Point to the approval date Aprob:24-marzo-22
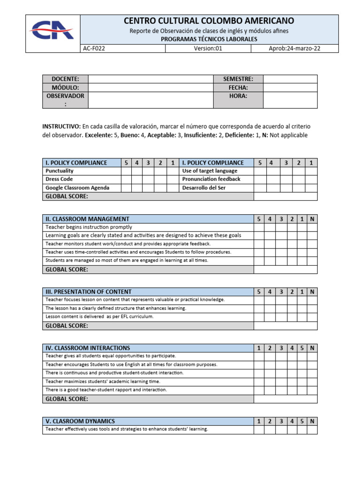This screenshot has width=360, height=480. click(294, 48)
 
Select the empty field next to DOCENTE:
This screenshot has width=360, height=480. click(151, 79)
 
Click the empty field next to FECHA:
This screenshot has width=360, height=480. click(290, 87)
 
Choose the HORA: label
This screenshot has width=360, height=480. click(238, 96)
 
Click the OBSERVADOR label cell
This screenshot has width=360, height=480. click(65, 100)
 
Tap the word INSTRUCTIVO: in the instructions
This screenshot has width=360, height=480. click(61, 127)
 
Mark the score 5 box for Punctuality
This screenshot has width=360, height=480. click(126, 171)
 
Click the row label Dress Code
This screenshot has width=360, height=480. click(59, 179)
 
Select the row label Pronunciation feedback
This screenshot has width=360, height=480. click(211, 179)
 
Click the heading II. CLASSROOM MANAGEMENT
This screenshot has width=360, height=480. click(87, 219)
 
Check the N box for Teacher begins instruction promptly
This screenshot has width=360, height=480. click(312, 227)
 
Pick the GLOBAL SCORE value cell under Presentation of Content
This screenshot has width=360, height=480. click(285, 326)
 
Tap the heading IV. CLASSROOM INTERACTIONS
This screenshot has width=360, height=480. click(88, 348)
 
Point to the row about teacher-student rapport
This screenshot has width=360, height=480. click(106, 390)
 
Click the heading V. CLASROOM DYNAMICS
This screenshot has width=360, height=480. click(80, 421)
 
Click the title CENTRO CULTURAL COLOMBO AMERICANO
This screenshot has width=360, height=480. click(209, 21)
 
